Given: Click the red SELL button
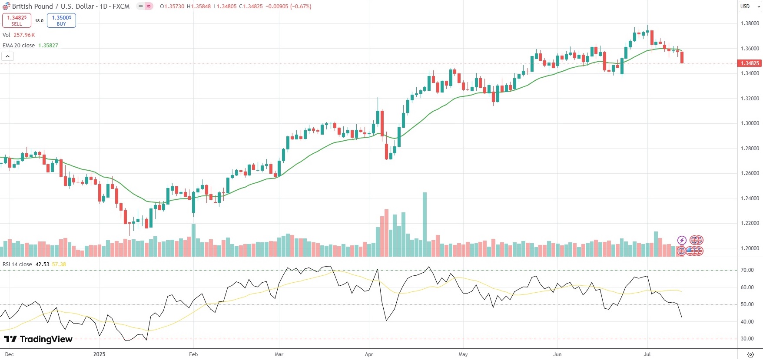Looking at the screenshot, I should pos(17,20).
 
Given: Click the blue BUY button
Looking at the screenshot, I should pos(61,20).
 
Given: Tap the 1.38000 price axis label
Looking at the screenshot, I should pos(750,23).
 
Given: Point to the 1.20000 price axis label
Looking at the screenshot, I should pos(750,248).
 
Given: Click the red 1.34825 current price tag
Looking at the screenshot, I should pos(750,63).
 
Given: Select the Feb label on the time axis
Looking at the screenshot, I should pos(193,354).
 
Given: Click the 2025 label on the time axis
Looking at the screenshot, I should pos(99,354).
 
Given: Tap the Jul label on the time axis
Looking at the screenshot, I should pos(647,354).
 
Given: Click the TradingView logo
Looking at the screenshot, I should pos(38,339).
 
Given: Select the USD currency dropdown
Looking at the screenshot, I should pos(750,7).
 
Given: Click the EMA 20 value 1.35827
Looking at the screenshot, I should pos(48,46).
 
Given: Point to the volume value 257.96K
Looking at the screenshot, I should pos(24,35).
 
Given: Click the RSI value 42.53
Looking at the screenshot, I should pos(42,264).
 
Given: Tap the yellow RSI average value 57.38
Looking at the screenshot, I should pos(59,264).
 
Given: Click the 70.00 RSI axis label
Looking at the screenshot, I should pos(747,270).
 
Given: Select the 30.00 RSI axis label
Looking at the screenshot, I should pos(747,339).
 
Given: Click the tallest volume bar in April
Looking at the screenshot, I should pos(425,224).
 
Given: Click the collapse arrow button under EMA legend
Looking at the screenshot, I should pos(8,56).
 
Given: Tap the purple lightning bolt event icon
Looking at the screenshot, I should pos(682,240).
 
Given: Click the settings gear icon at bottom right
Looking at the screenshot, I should pos(750,354).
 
